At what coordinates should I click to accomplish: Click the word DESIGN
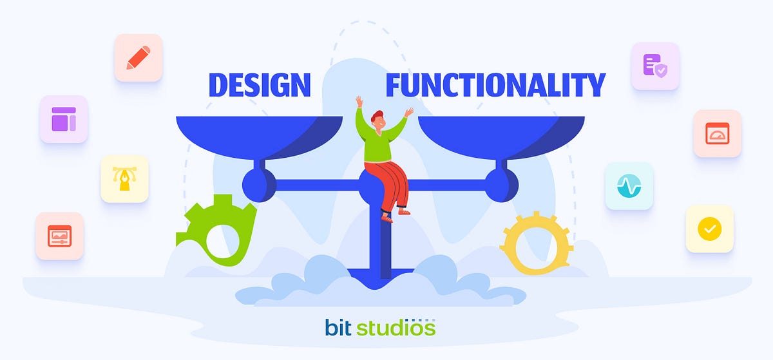click(x=259, y=85)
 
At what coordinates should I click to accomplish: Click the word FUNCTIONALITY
click(x=495, y=85)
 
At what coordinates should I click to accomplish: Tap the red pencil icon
click(x=138, y=57)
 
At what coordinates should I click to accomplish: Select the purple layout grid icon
click(x=64, y=119)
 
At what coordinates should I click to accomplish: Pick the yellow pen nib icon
click(x=124, y=178)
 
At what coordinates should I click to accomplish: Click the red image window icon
click(x=60, y=236)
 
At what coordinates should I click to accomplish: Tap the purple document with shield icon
click(x=655, y=66)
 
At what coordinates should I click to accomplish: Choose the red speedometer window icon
click(x=717, y=133)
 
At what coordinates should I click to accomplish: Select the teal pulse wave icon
click(x=629, y=186)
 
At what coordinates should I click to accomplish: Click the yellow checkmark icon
click(x=709, y=228)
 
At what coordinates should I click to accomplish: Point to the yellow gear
click(x=537, y=243)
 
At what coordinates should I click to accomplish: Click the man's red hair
click(x=376, y=115)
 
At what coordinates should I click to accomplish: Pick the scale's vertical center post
click(x=385, y=245)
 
